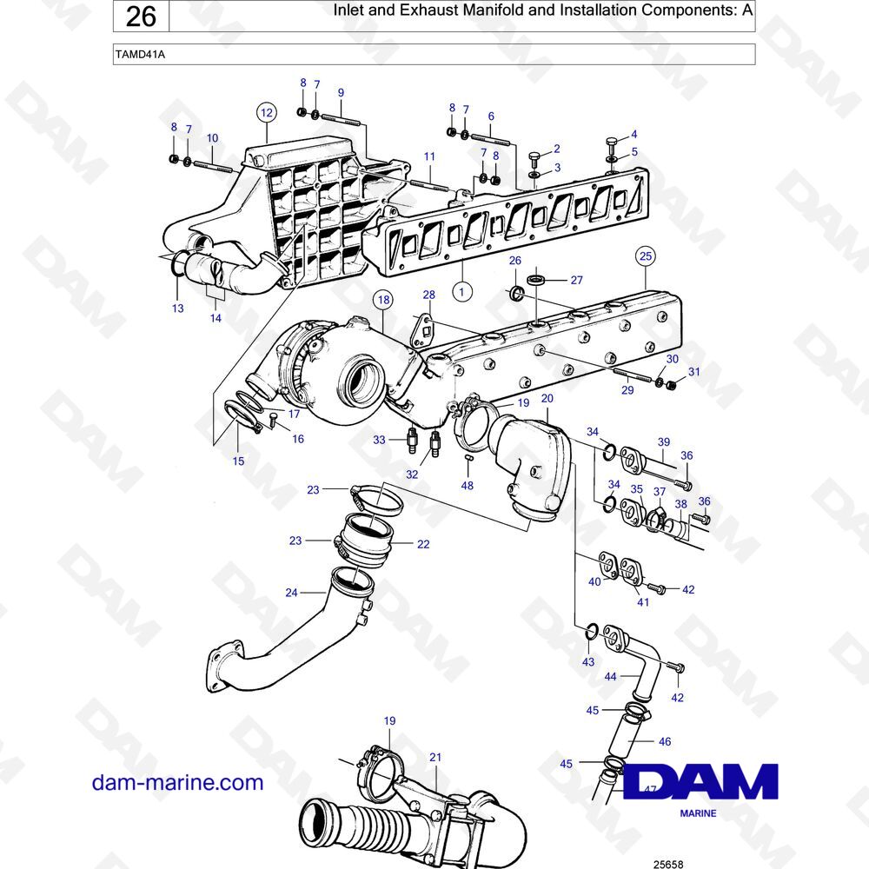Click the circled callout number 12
click(x=267, y=113)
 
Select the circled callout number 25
click(x=646, y=256)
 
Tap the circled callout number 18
click(x=383, y=301)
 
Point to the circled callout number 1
click(x=462, y=291)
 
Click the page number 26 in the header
click(x=141, y=16)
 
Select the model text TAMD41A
click(x=140, y=54)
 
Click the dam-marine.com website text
click(x=177, y=783)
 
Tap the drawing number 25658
click(x=668, y=864)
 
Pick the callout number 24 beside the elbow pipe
click(x=291, y=593)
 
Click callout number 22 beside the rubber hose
click(x=423, y=544)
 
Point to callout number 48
click(x=468, y=486)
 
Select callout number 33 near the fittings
click(x=379, y=440)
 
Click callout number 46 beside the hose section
click(x=665, y=741)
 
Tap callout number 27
click(x=577, y=281)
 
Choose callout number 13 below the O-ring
click(x=178, y=308)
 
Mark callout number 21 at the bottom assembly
click(x=435, y=757)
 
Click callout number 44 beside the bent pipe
click(x=610, y=677)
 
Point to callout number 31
click(x=694, y=372)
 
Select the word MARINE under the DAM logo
click(x=698, y=813)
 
